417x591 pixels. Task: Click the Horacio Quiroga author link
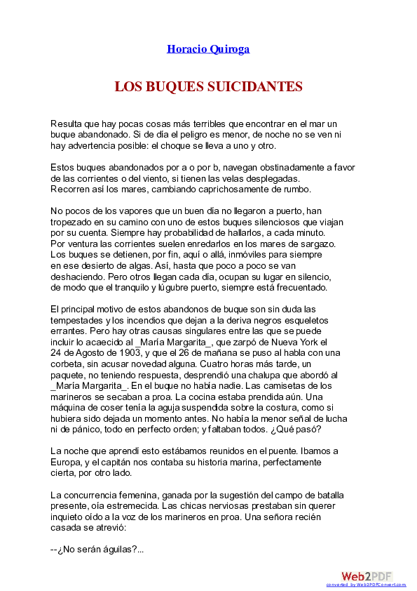point(208,49)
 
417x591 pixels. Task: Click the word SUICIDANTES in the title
point(255,87)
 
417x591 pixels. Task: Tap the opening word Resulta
point(66,124)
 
